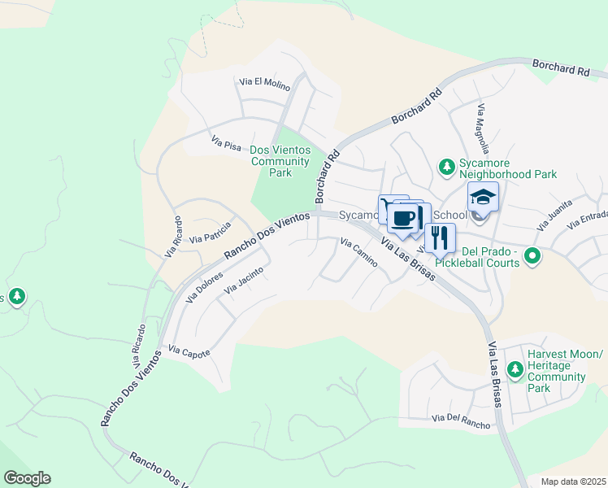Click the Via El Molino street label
pos(264,82)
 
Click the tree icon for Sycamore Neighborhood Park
pos(446,168)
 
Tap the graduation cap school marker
pos(482,198)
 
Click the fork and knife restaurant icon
pos(440,237)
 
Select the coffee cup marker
pos(403,218)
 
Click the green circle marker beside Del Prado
pos(532,256)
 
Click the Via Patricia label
pos(211,233)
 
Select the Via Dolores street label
pos(204,287)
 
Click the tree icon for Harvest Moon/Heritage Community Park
pos(514,371)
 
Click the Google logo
pos(27,478)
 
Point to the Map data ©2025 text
pos(572,481)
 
